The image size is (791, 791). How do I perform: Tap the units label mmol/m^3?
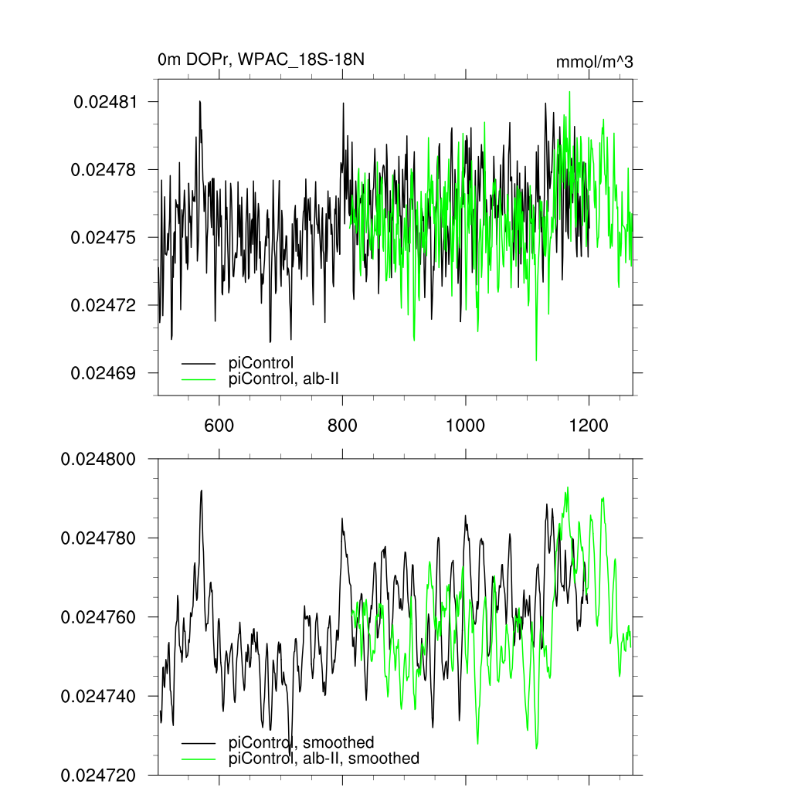pos(594,62)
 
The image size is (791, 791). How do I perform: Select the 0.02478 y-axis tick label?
pos(105,169)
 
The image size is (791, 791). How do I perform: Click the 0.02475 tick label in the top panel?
pos(105,237)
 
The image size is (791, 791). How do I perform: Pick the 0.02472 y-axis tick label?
pos(105,305)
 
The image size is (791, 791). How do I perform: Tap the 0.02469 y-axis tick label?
pos(105,373)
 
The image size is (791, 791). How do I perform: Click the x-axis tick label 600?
pos(219,425)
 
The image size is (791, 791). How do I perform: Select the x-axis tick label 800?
pos(342,425)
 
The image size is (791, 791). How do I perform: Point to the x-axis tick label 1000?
pos(466,425)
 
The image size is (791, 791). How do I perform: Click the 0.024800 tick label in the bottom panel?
pos(100,459)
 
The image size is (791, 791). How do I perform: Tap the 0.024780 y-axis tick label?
pos(100,538)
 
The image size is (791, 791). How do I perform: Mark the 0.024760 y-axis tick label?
pos(100,617)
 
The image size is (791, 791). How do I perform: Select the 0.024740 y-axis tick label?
pos(100,696)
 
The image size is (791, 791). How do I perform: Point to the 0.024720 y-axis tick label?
pos(100,775)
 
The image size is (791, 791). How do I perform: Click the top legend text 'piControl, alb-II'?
pos(284,379)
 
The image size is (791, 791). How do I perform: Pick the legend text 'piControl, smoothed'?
pos(301,743)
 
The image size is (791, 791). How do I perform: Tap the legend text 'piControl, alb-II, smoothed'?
pos(324,759)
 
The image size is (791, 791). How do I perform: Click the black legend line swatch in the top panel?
pos(198,362)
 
